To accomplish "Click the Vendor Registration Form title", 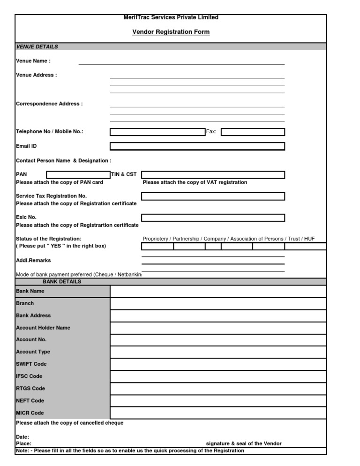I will click(x=171, y=32).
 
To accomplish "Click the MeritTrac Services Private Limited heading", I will click(x=171, y=17).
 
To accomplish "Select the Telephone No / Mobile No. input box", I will click(x=157, y=132).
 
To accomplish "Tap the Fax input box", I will click(x=253, y=132).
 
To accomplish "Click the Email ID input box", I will click(x=197, y=146).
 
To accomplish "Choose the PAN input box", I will click(x=78, y=175).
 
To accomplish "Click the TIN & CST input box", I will click(x=213, y=175).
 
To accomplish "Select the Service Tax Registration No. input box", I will click(x=213, y=196).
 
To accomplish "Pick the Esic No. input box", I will click(x=213, y=218).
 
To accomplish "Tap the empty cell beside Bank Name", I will click(x=218, y=291).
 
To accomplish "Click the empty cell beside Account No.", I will click(x=218, y=340).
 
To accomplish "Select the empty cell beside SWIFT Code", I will click(x=218, y=364).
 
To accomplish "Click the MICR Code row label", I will click(x=30, y=413).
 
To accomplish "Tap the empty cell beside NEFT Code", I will click(x=218, y=401).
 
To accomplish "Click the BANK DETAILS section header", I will click(x=62, y=282).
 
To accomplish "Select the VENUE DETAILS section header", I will click(x=37, y=46).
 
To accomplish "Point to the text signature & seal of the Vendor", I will click(x=244, y=443).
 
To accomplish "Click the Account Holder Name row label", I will click(x=43, y=328).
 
